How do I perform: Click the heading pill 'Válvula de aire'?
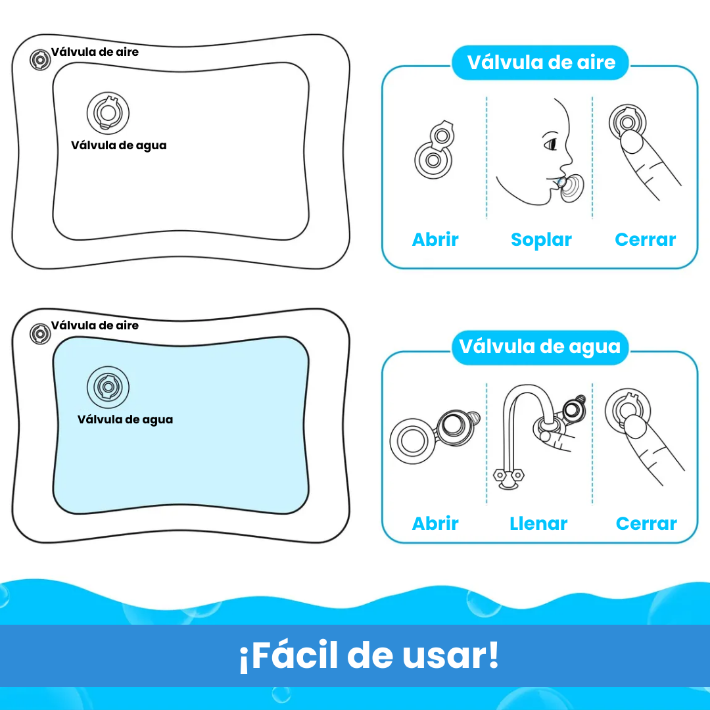tap(540, 63)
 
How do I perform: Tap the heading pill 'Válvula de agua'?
tap(540, 347)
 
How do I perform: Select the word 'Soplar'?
tap(541, 240)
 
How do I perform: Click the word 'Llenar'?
tap(538, 524)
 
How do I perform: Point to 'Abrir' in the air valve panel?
tap(435, 240)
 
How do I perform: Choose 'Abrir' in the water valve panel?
tap(435, 524)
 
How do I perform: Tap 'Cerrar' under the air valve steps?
tap(645, 240)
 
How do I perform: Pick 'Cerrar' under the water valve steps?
tap(646, 524)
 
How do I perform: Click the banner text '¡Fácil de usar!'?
tap(369, 655)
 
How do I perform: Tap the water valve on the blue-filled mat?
tap(108, 387)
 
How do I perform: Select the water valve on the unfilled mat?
tap(108, 112)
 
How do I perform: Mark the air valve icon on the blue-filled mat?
tap(40, 334)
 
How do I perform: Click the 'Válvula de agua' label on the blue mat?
tap(125, 419)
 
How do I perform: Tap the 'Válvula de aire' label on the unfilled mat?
tap(95, 52)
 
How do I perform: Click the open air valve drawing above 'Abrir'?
tap(435, 149)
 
